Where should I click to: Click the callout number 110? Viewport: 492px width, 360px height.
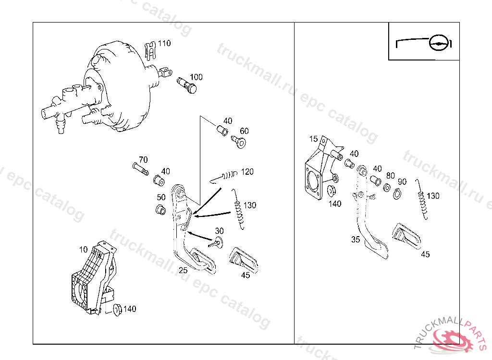click(164, 43)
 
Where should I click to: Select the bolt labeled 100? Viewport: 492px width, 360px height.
click(187, 85)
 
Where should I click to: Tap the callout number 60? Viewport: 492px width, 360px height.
click(244, 131)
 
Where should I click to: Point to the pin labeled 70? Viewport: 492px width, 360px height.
click(140, 169)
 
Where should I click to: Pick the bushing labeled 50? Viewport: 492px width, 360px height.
click(160, 210)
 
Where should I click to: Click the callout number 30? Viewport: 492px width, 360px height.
click(219, 231)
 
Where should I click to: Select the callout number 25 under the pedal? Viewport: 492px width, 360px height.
click(183, 270)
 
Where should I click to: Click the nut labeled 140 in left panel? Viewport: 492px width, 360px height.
click(117, 310)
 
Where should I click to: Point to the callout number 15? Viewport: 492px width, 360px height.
click(313, 139)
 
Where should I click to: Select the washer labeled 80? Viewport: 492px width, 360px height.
click(387, 188)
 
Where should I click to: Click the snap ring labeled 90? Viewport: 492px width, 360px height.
click(397, 194)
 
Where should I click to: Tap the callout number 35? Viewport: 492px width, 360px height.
click(356, 240)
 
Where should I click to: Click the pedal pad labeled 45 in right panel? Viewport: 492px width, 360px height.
click(406, 236)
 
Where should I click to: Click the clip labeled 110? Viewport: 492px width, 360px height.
click(150, 50)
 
